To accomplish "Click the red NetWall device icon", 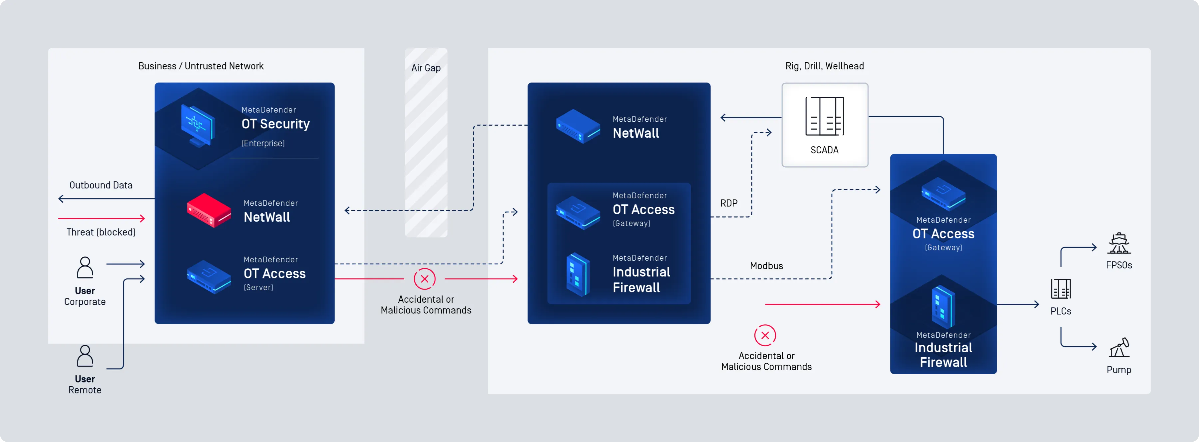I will point(209,211).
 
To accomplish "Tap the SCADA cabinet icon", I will point(824,116).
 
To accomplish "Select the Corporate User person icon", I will point(85,268).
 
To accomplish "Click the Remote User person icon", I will point(85,356).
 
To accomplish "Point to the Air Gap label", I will point(426,68).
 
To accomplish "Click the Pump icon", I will point(1119,348).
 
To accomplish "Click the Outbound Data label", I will point(101,185).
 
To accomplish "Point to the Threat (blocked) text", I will point(101,232).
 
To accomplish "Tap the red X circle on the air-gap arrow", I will point(425,279).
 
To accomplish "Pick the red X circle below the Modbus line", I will point(765,335).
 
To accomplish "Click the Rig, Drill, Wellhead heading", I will point(824,66).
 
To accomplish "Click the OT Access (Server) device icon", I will point(209,277).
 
